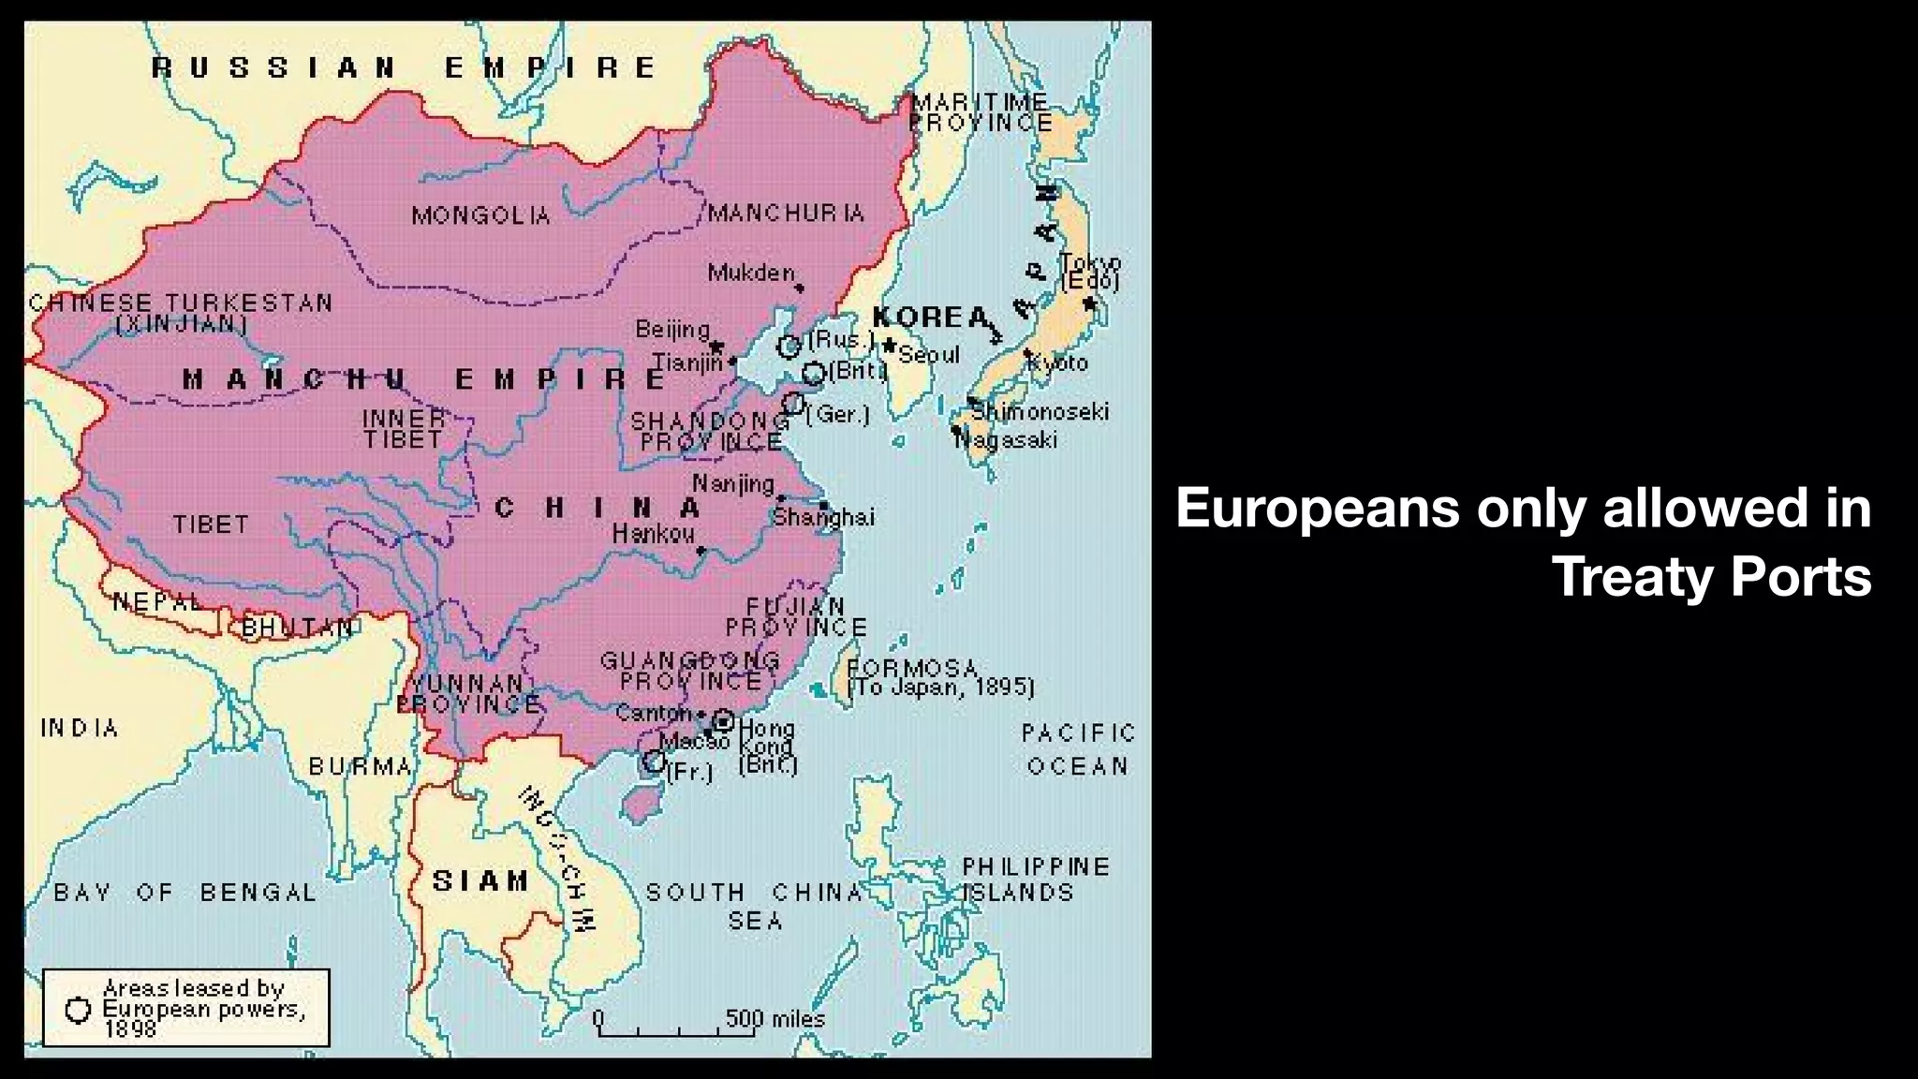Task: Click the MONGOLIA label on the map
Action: pos(481,216)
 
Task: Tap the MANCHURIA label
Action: pos(786,214)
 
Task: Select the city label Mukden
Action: pos(751,273)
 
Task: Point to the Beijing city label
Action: pos(672,329)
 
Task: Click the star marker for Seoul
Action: pos(889,346)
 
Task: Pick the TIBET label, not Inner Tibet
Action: pos(211,525)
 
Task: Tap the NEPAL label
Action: pos(156,601)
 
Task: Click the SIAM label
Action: pos(480,880)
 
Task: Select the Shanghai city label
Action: pos(824,517)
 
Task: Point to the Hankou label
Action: pos(654,534)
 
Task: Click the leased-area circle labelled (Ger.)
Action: pos(793,403)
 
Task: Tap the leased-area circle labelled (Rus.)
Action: pos(789,347)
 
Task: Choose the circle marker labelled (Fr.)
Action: pos(654,761)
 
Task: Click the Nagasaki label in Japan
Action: pos(1008,439)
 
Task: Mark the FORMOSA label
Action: pos(912,669)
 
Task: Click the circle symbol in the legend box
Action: pos(79,1010)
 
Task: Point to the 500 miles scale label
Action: pos(775,1018)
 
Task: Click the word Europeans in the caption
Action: pos(1317,508)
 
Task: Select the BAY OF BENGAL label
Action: pos(184,893)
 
